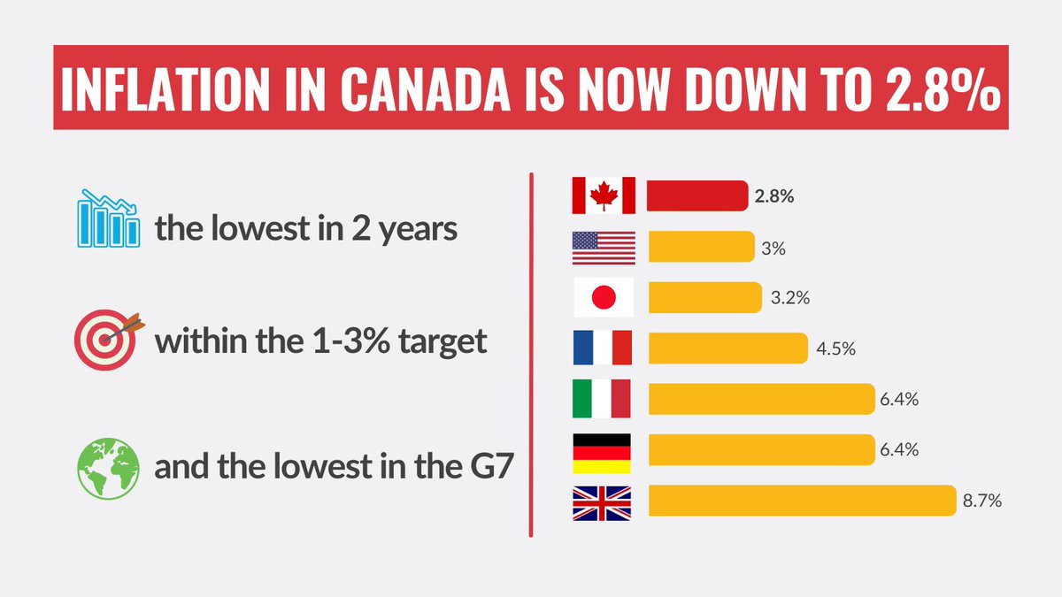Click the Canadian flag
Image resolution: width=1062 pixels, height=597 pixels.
604,195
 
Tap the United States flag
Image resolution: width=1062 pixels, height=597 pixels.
604,247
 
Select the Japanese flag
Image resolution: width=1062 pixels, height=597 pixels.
604,298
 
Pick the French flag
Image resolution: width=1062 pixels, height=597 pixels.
604,348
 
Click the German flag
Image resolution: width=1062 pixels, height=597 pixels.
604,451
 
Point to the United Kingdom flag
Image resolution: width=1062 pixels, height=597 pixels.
604,501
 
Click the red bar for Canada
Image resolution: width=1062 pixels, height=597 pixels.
697,195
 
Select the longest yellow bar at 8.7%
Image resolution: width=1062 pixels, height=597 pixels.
803,501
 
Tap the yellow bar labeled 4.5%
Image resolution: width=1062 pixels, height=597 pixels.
727,348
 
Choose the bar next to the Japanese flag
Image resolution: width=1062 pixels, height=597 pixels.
704,298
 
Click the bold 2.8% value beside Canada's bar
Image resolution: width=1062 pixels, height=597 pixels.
774,196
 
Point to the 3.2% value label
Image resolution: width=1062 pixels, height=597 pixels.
789,298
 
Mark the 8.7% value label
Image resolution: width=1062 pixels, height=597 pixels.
981,501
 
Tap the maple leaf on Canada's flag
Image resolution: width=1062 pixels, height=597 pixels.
604,195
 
